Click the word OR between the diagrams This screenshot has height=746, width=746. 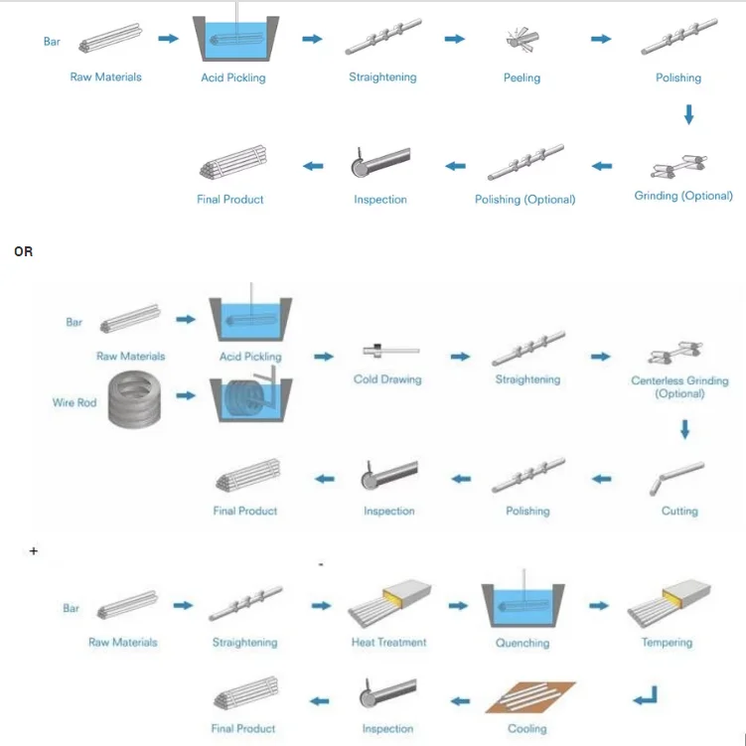pyautogui.click(x=23, y=251)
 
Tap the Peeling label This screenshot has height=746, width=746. pyautogui.click(x=522, y=77)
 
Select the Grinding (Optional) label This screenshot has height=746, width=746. pyautogui.click(x=683, y=196)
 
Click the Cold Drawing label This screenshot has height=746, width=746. pyautogui.click(x=387, y=379)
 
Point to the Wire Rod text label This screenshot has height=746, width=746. pyautogui.click(x=75, y=402)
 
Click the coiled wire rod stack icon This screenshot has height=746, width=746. pyautogui.click(x=134, y=399)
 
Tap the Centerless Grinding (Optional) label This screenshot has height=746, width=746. pyautogui.click(x=679, y=386)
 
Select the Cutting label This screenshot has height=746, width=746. pyautogui.click(x=679, y=511)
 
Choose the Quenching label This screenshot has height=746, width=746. pyautogui.click(x=522, y=643)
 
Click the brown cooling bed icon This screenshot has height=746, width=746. pyautogui.click(x=530, y=697)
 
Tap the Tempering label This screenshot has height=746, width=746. pyautogui.click(x=667, y=643)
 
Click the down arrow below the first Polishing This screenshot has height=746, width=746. pyautogui.click(x=688, y=114)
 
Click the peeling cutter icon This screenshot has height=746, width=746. pyautogui.click(x=522, y=39)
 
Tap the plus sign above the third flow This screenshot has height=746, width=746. pyautogui.click(x=34, y=551)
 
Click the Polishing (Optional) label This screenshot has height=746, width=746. pyautogui.click(x=524, y=200)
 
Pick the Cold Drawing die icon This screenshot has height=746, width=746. pyautogui.click(x=391, y=351)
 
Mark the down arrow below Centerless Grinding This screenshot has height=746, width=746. pyautogui.click(x=684, y=429)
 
